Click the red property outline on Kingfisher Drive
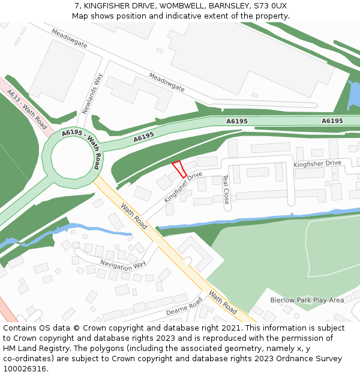point(179,169)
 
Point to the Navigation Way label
point(122,264)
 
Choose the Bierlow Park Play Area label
point(307,300)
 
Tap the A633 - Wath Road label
point(26,107)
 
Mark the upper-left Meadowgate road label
point(70,38)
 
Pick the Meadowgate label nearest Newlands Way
point(167,82)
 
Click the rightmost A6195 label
point(332,121)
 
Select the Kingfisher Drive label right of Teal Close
point(317,163)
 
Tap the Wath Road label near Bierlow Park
point(222,302)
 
